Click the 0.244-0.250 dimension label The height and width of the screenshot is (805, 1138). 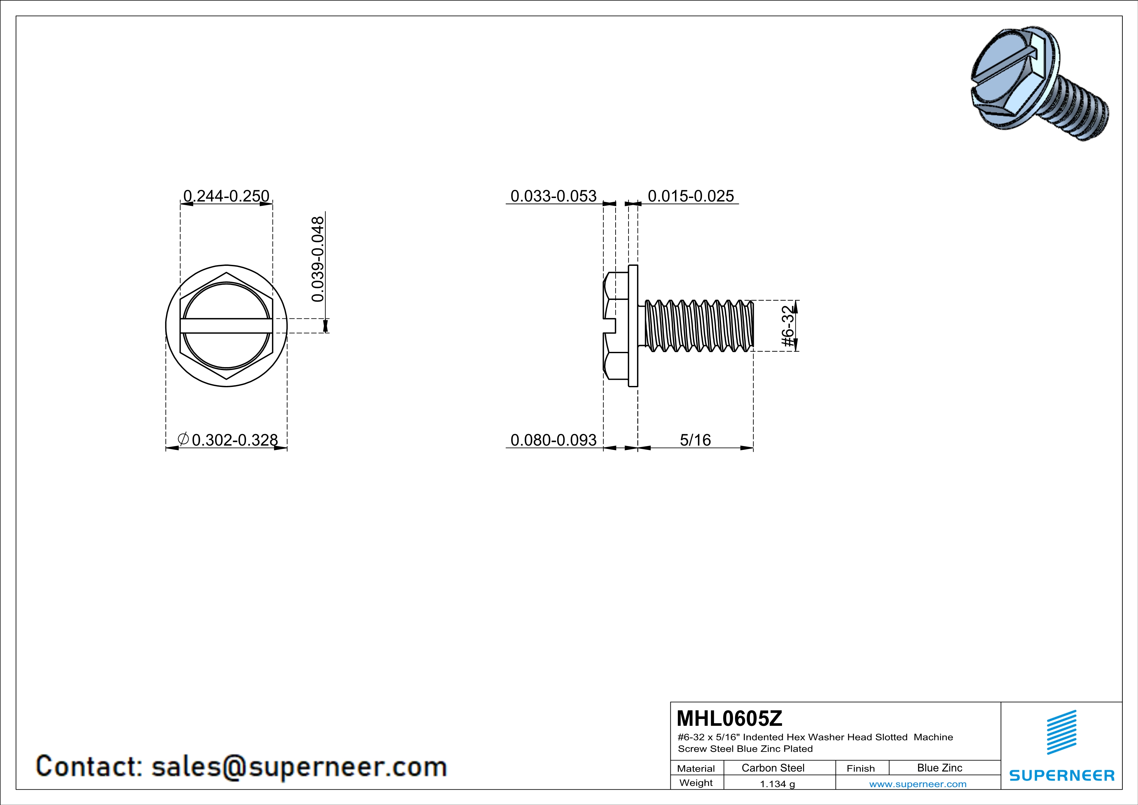226,196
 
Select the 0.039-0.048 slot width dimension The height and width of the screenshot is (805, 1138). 318,259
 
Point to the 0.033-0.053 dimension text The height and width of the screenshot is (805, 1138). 554,196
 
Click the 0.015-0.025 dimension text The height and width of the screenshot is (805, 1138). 691,196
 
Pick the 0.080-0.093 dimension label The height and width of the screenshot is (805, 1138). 554,440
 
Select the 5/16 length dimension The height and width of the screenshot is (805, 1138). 695,440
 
